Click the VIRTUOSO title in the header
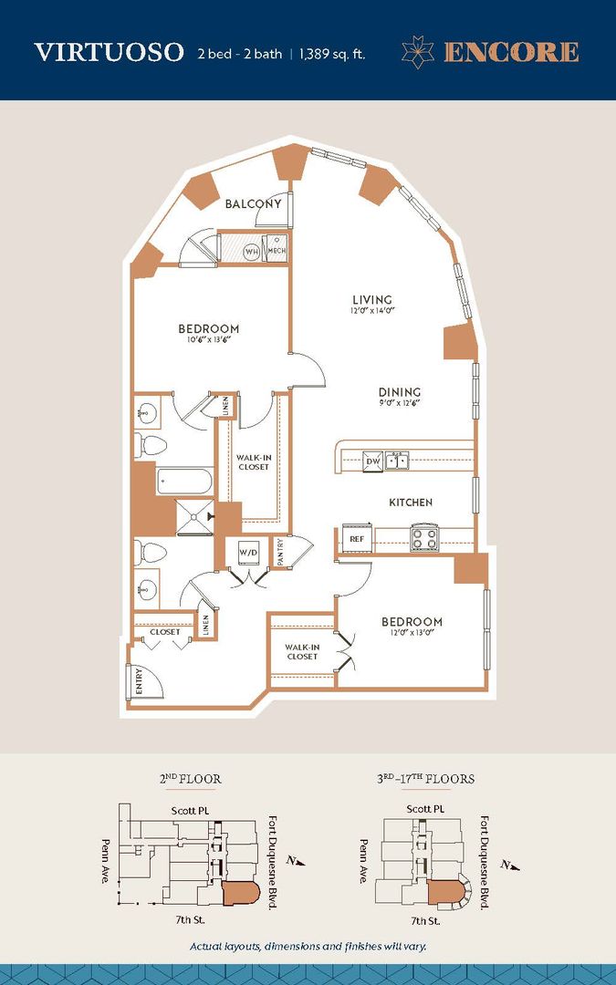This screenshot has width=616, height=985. [x=109, y=52]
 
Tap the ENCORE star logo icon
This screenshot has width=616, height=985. [x=419, y=52]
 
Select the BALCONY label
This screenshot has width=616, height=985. [x=253, y=204]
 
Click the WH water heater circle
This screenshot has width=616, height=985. [x=252, y=251]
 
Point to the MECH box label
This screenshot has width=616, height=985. [x=277, y=251]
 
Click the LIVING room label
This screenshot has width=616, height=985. [x=372, y=300]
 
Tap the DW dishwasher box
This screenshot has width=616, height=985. [x=372, y=462]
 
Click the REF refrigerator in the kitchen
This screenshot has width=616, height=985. [x=357, y=539]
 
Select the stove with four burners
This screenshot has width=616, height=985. [x=424, y=537]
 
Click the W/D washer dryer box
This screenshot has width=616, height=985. [x=247, y=553]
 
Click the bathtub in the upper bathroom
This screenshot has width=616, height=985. [x=184, y=481]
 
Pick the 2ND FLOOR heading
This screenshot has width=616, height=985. [x=190, y=780]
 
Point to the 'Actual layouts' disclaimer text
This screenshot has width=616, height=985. [x=308, y=946]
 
